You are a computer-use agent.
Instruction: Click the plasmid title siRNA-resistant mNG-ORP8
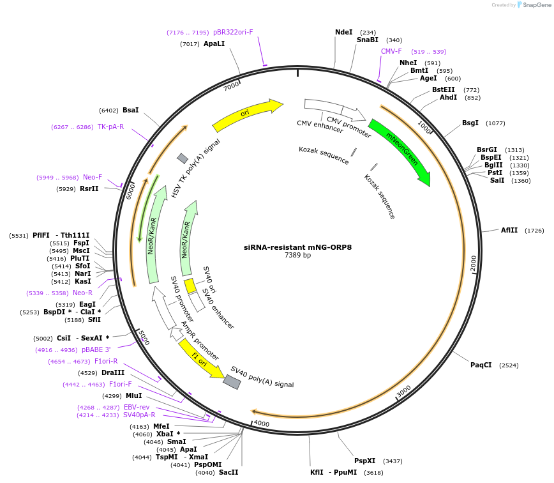click(297, 247)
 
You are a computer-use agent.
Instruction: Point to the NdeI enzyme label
click(343, 32)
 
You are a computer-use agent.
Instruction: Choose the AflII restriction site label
click(509, 230)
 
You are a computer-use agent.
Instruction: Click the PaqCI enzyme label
click(481, 365)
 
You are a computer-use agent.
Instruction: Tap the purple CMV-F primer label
click(391, 51)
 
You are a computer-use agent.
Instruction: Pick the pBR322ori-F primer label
click(233, 32)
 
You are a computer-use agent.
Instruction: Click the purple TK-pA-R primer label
click(110, 127)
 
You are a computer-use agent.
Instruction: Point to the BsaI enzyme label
click(130, 110)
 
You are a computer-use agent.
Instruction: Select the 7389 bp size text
click(297, 256)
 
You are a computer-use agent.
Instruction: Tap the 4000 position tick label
click(262, 423)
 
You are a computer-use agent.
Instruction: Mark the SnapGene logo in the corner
click(532, 5)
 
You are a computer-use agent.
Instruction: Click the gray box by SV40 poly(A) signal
click(232, 381)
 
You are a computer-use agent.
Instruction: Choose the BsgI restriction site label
click(470, 123)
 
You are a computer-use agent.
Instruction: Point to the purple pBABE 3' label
click(96, 349)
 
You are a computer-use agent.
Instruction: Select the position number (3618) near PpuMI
click(373, 473)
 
